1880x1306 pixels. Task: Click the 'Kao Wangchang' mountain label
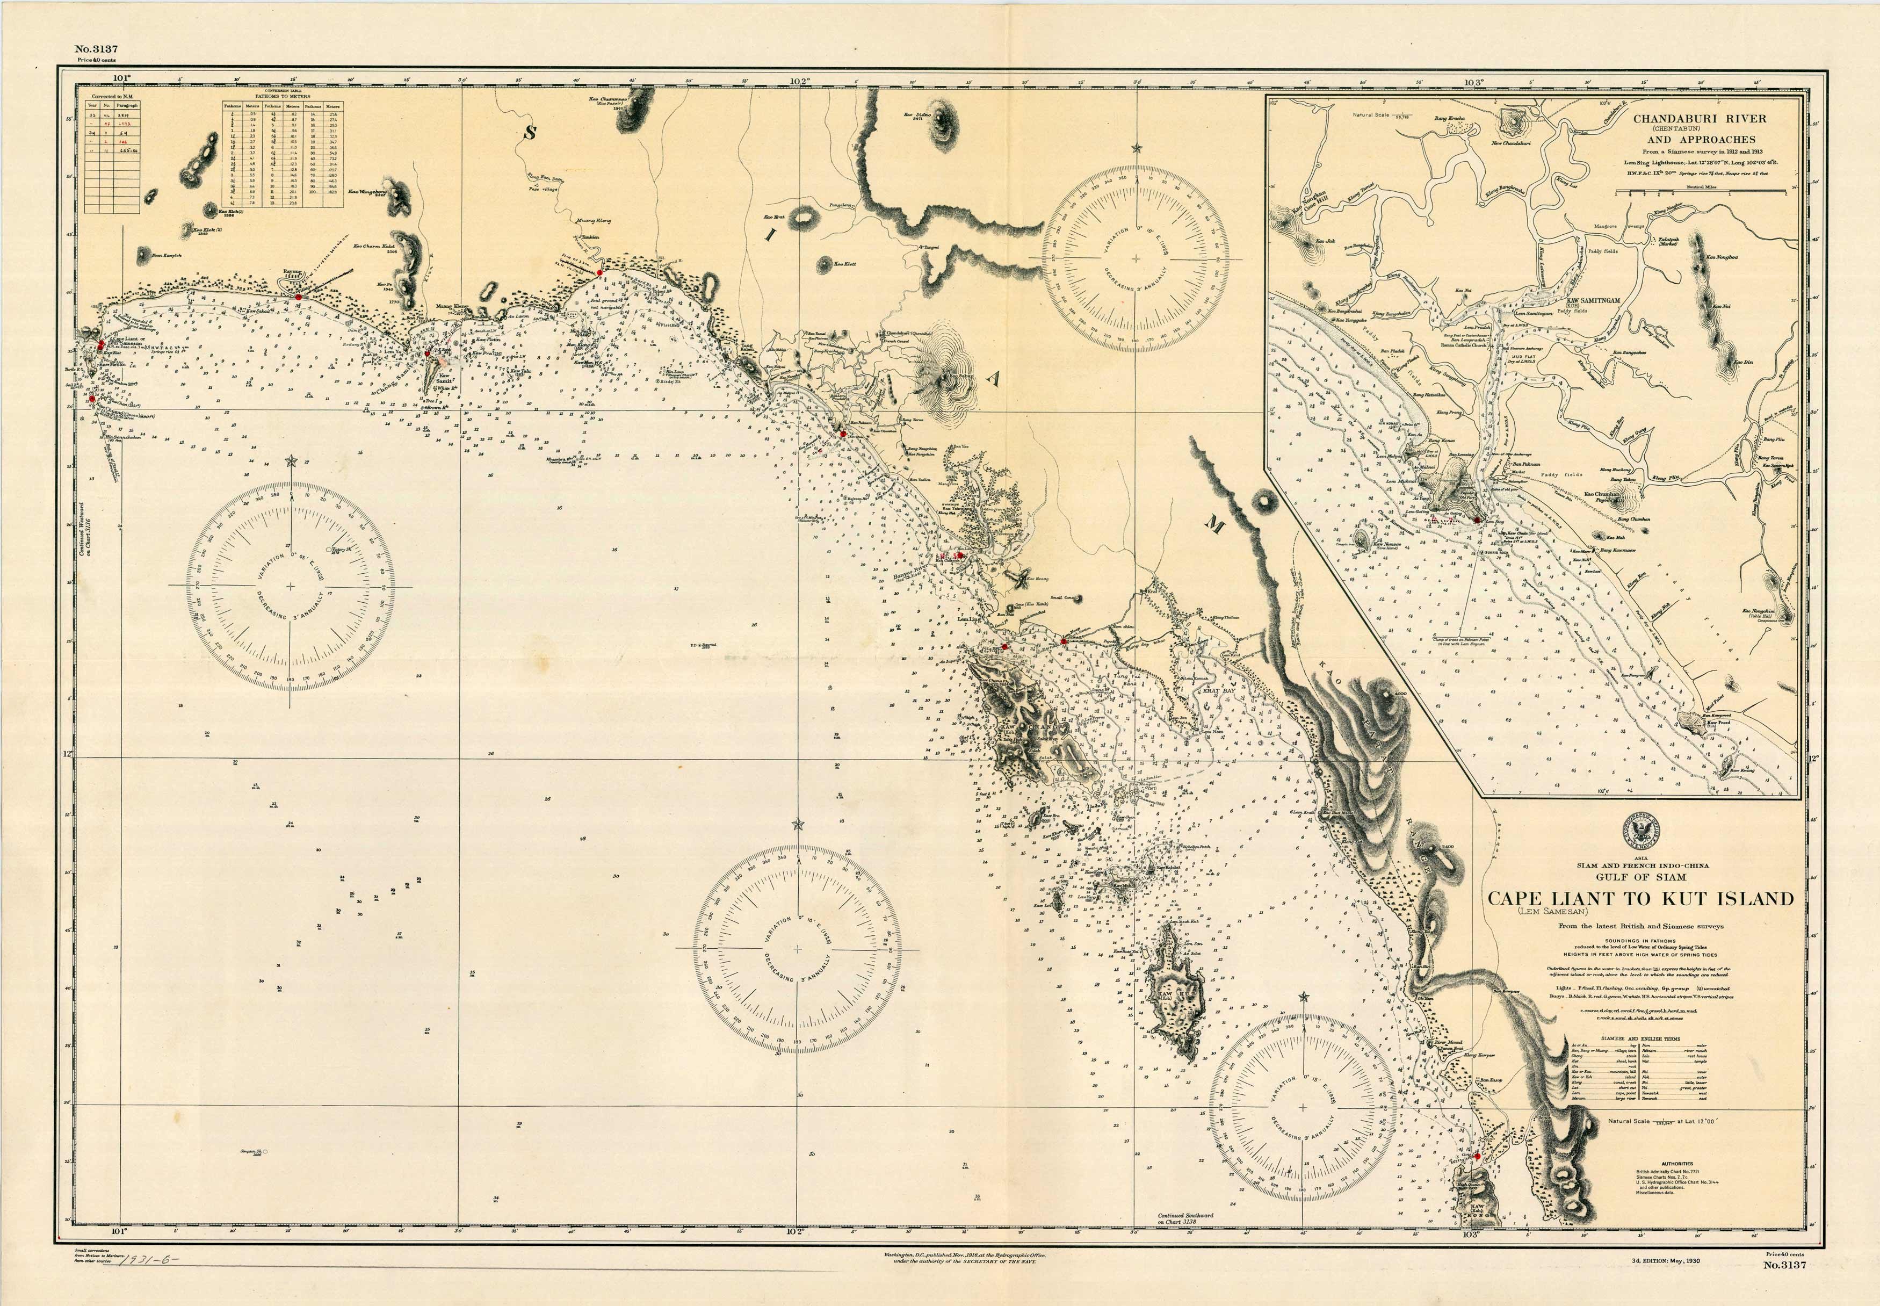366,192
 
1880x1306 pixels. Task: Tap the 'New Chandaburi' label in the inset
1510,144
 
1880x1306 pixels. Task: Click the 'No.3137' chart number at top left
95,49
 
